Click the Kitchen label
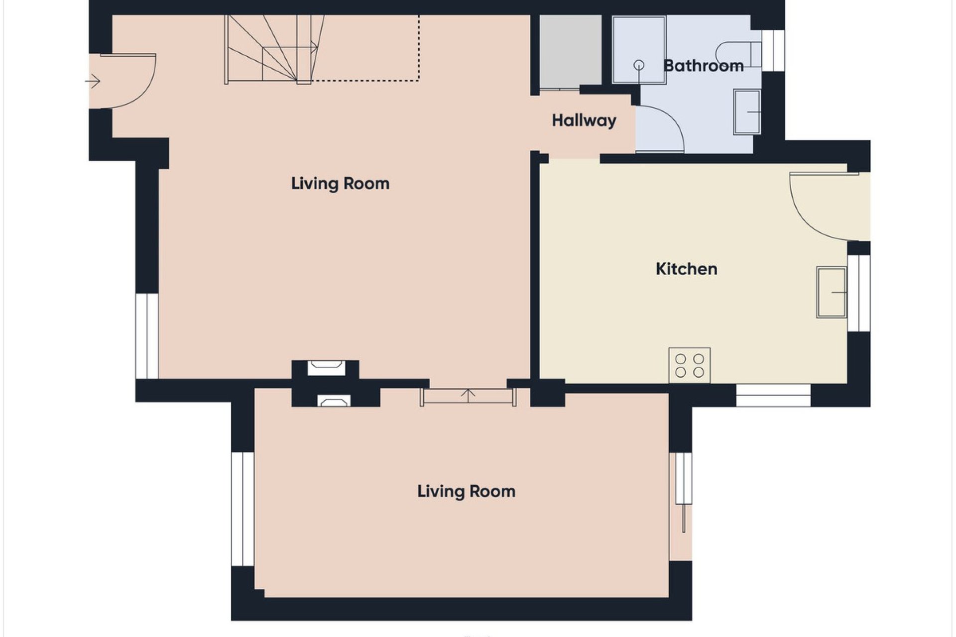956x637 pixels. pyautogui.click(x=686, y=269)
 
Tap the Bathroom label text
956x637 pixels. pyautogui.click(x=703, y=66)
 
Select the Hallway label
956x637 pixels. pyautogui.click(x=584, y=120)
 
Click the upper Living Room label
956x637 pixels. pyautogui.click(x=340, y=184)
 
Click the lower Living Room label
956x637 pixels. pyautogui.click(x=466, y=492)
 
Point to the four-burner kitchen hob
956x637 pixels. pyautogui.click(x=689, y=365)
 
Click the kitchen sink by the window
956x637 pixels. pyautogui.click(x=831, y=292)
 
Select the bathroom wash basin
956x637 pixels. pyautogui.click(x=747, y=112)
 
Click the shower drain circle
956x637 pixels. pyautogui.click(x=639, y=65)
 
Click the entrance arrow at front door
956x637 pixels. pyautogui.click(x=93, y=81)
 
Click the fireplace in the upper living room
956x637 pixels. pyautogui.click(x=326, y=368)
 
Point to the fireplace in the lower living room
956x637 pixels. pyautogui.click(x=334, y=401)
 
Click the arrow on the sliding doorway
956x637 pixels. pyautogui.click(x=468, y=395)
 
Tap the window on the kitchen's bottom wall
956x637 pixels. pyautogui.click(x=773, y=395)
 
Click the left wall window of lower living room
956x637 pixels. pyautogui.click(x=243, y=509)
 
